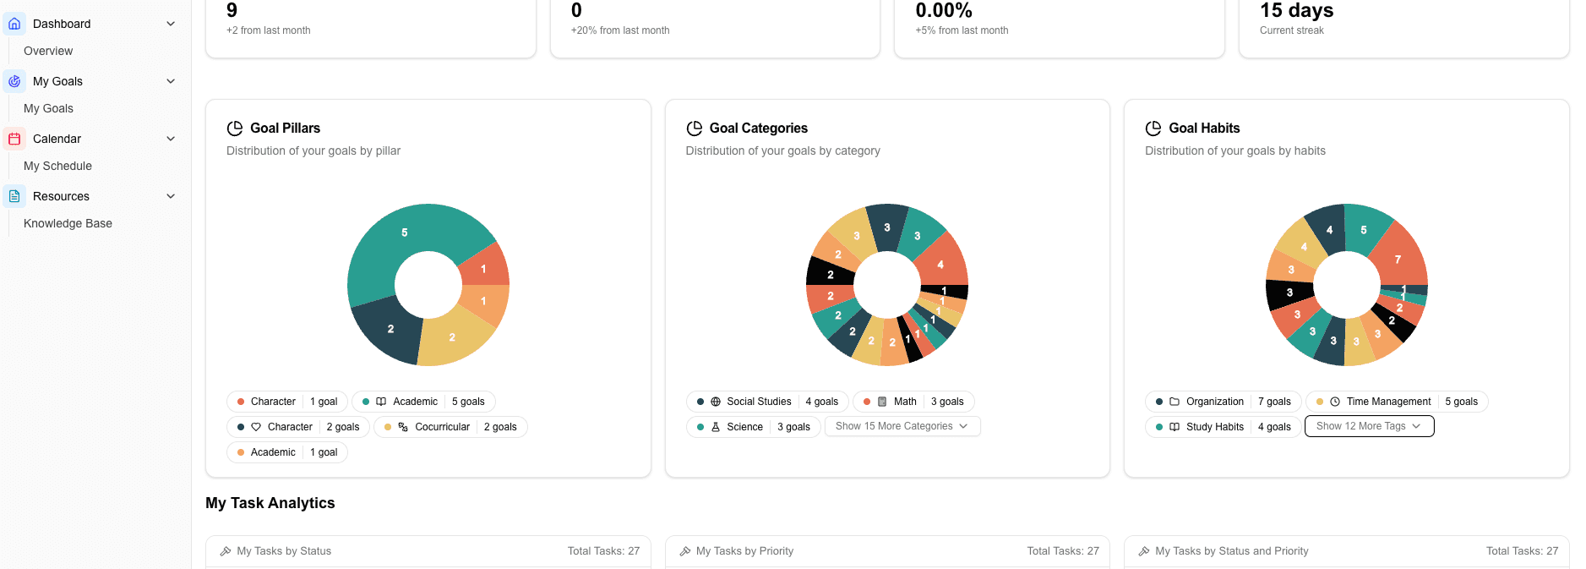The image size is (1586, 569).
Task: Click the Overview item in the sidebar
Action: click(x=48, y=51)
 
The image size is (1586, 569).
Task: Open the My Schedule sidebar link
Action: click(x=57, y=166)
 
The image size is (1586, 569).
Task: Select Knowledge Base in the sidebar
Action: click(x=68, y=223)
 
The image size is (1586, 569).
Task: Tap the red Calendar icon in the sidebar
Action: click(x=14, y=139)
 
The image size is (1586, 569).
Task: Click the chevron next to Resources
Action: click(x=171, y=196)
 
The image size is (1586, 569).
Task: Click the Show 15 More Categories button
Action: click(x=902, y=426)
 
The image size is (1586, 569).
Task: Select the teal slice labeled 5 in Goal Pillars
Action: click(x=404, y=233)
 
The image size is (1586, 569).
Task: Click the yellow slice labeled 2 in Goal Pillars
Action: click(x=452, y=336)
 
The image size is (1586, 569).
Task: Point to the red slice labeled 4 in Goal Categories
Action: click(x=940, y=264)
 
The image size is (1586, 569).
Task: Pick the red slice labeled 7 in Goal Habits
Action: click(x=1398, y=259)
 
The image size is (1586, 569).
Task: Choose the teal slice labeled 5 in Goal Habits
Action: click(x=1363, y=229)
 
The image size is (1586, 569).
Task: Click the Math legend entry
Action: click(x=914, y=402)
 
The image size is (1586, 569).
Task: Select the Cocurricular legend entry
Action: click(x=450, y=427)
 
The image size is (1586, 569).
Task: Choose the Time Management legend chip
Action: click(x=1397, y=402)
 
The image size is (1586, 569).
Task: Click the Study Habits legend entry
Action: click(x=1223, y=427)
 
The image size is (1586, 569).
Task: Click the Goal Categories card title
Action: click(x=758, y=129)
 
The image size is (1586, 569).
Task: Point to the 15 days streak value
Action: click(x=1296, y=11)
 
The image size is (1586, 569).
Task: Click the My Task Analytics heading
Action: click(x=270, y=503)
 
